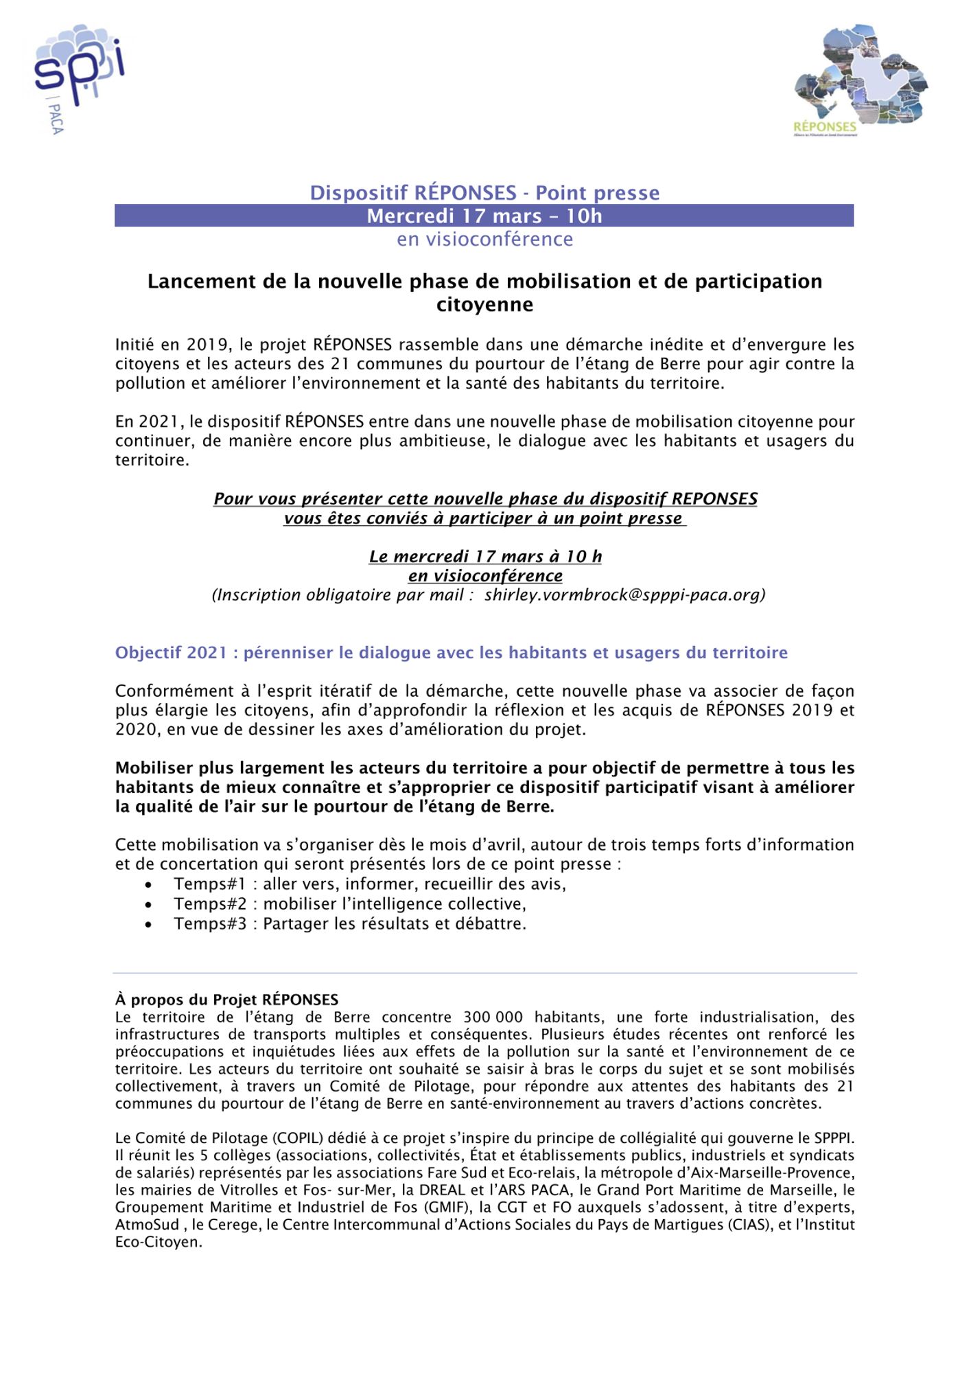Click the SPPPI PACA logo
79,77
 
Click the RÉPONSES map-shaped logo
861,80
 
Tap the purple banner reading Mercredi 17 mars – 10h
484,216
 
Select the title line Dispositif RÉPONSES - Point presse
484,193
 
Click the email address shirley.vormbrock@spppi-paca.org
624,595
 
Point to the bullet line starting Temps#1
369,884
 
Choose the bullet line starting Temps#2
349,903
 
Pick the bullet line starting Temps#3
349,923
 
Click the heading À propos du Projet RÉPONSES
226,1000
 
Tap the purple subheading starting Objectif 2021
451,653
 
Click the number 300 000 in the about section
493,1017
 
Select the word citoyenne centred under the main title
484,305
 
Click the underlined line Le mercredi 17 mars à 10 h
485,557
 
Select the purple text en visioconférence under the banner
484,240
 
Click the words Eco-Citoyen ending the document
158,1242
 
